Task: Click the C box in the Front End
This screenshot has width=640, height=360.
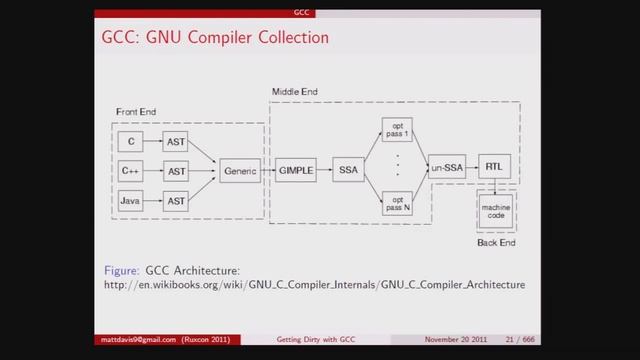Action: [131, 143]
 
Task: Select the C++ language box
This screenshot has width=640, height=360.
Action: [131, 171]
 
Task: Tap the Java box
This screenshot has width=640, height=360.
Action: [131, 201]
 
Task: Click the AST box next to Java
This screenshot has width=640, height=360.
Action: [177, 201]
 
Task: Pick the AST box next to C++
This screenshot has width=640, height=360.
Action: [177, 171]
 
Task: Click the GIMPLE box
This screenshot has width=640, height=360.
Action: [296, 171]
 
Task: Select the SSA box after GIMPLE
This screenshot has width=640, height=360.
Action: [346, 171]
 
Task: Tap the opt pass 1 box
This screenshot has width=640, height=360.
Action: [397, 131]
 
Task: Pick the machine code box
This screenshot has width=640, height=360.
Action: [495, 213]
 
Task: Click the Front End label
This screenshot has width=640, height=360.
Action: [135, 111]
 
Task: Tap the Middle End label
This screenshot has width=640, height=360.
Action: [295, 93]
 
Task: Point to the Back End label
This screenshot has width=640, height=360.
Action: [496, 243]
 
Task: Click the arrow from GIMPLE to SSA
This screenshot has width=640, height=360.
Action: [324, 171]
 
